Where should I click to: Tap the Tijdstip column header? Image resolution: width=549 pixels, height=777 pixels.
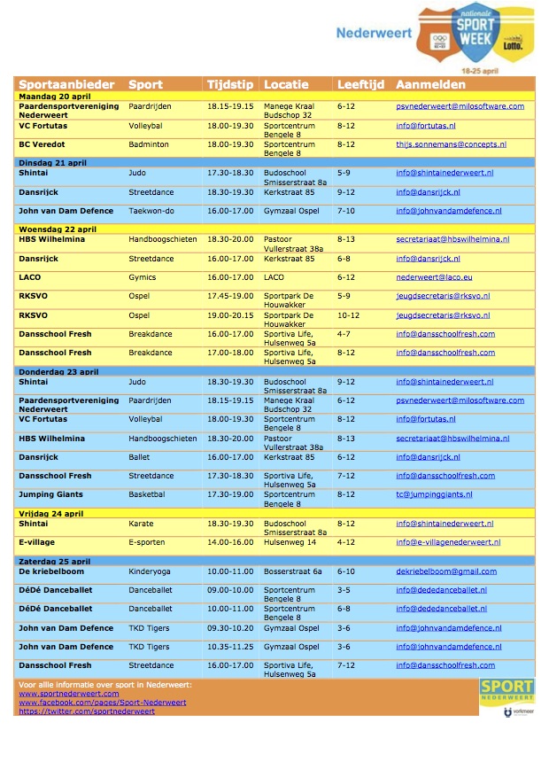tap(229, 85)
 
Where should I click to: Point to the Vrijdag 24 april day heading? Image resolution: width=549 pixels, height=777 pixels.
tap(52, 513)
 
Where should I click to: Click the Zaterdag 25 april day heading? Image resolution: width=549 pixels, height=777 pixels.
tap(55, 561)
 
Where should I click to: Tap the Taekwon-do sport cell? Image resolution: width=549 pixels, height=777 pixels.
tap(151, 211)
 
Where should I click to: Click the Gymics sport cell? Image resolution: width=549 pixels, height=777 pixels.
tap(142, 277)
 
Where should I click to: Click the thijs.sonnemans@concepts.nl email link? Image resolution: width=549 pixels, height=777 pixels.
tap(459, 144)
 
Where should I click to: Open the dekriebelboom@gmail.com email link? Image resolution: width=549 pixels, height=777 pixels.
tap(446, 571)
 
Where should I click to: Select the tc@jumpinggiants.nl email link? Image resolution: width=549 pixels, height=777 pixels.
tap(434, 494)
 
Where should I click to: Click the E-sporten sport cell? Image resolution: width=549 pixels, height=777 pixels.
tap(146, 542)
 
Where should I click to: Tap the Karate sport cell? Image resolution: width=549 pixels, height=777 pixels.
tap(141, 524)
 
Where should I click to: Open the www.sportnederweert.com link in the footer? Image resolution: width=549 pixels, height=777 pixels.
tap(68, 694)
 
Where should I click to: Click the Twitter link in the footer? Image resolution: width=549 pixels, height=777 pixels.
tap(86, 711)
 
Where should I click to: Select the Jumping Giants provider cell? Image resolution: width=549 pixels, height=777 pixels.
tap(54, 494)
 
